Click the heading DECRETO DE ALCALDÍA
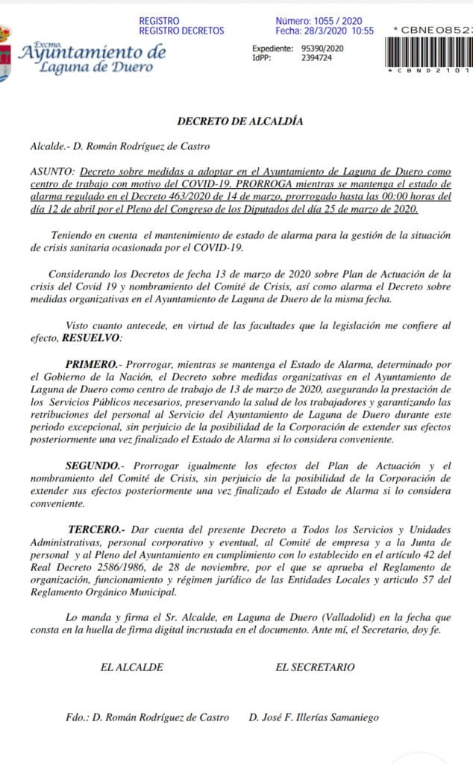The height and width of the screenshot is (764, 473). [239, 121]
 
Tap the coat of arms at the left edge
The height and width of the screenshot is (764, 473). [5, 52]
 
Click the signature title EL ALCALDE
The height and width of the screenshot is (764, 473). [131, 667]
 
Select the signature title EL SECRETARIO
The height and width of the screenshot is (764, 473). [315, 667]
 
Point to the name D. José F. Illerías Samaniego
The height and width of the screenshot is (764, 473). [314, 717]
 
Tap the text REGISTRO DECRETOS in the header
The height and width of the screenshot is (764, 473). [181, 31]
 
